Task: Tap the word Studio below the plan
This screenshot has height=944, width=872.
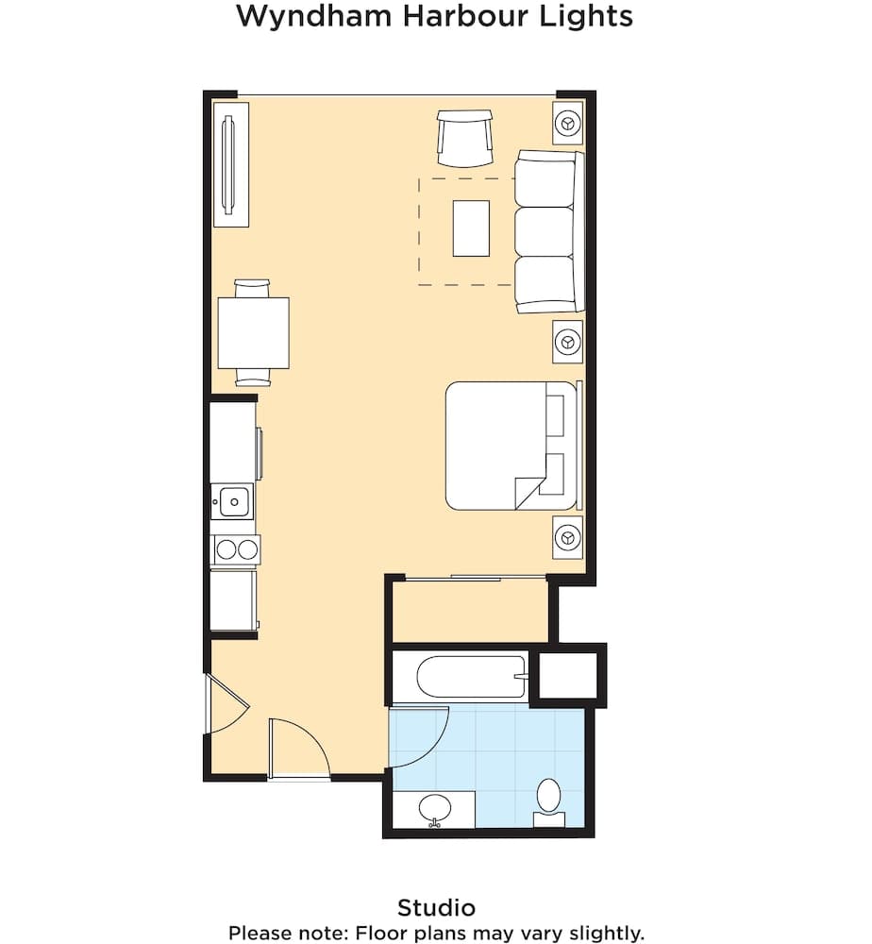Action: click(436, 908)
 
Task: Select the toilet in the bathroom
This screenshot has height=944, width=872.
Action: click(547, 799)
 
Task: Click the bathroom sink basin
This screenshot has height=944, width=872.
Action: click(435, 807)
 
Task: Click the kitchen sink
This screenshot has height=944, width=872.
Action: click(231, 500)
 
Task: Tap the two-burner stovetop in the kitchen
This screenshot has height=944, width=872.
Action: click(235, 548)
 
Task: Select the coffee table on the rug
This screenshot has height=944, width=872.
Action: click(471, 228)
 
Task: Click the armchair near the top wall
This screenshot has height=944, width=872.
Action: click(464, 138)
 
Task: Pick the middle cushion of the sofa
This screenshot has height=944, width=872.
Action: click(545, 231)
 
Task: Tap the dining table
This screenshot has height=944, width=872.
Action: click(253, 332)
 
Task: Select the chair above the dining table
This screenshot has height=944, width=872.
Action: click(253, 287)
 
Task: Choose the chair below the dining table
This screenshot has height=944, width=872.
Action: click(253, 378)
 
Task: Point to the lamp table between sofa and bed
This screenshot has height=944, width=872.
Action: click(567, 341)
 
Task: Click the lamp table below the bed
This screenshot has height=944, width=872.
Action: click(567, 536)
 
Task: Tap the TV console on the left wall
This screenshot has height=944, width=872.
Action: click(230, 163)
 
